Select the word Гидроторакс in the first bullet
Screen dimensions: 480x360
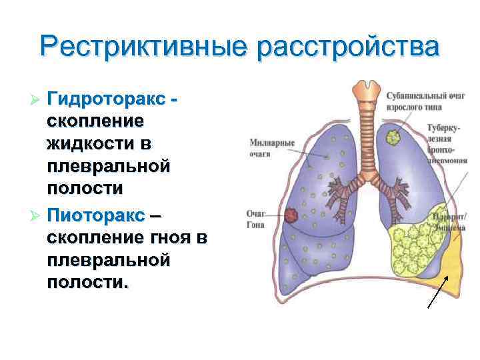[x=106, y=99]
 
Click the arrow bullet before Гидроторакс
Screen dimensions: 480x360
[x=37, y=100]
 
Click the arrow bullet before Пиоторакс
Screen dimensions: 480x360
[x=37, y=217]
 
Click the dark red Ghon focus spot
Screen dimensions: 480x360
[x=291, y=215]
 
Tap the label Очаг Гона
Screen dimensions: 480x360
[x=255, y=219]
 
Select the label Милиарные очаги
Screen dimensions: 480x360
[x=272, y=147]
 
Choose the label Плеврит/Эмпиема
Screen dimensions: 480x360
[x=448, y=222]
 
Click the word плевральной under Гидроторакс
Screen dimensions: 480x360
[x=107, y=165]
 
